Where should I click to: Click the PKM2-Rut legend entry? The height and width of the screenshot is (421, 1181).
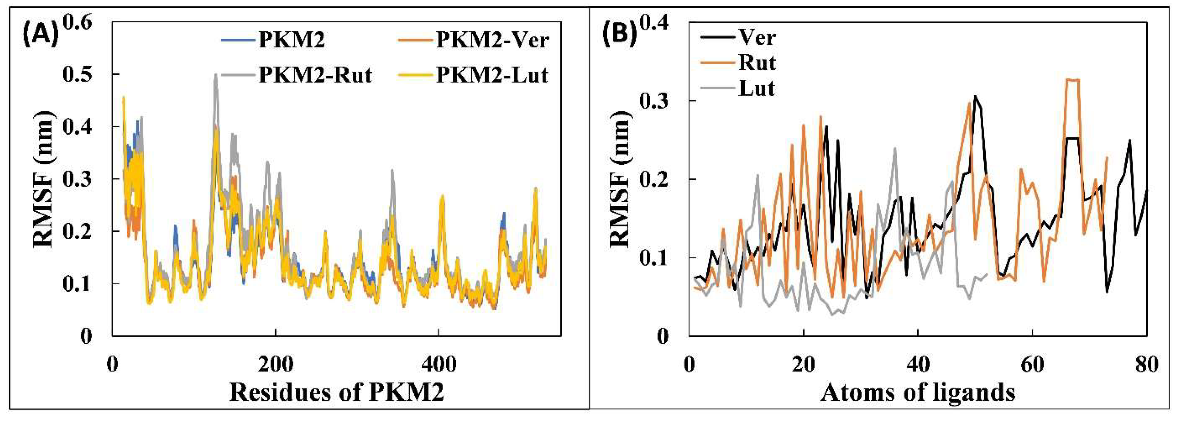315,75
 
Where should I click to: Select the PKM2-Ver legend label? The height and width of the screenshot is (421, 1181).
492,40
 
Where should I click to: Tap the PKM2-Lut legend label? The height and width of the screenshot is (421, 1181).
492,75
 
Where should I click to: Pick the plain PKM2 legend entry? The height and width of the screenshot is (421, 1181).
292,40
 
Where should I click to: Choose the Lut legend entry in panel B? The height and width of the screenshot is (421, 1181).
757,88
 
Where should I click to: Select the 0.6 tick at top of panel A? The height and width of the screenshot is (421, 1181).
78,23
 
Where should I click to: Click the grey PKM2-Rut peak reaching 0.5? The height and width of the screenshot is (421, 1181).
215,76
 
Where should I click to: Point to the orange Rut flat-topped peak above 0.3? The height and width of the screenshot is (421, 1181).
1073,80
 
